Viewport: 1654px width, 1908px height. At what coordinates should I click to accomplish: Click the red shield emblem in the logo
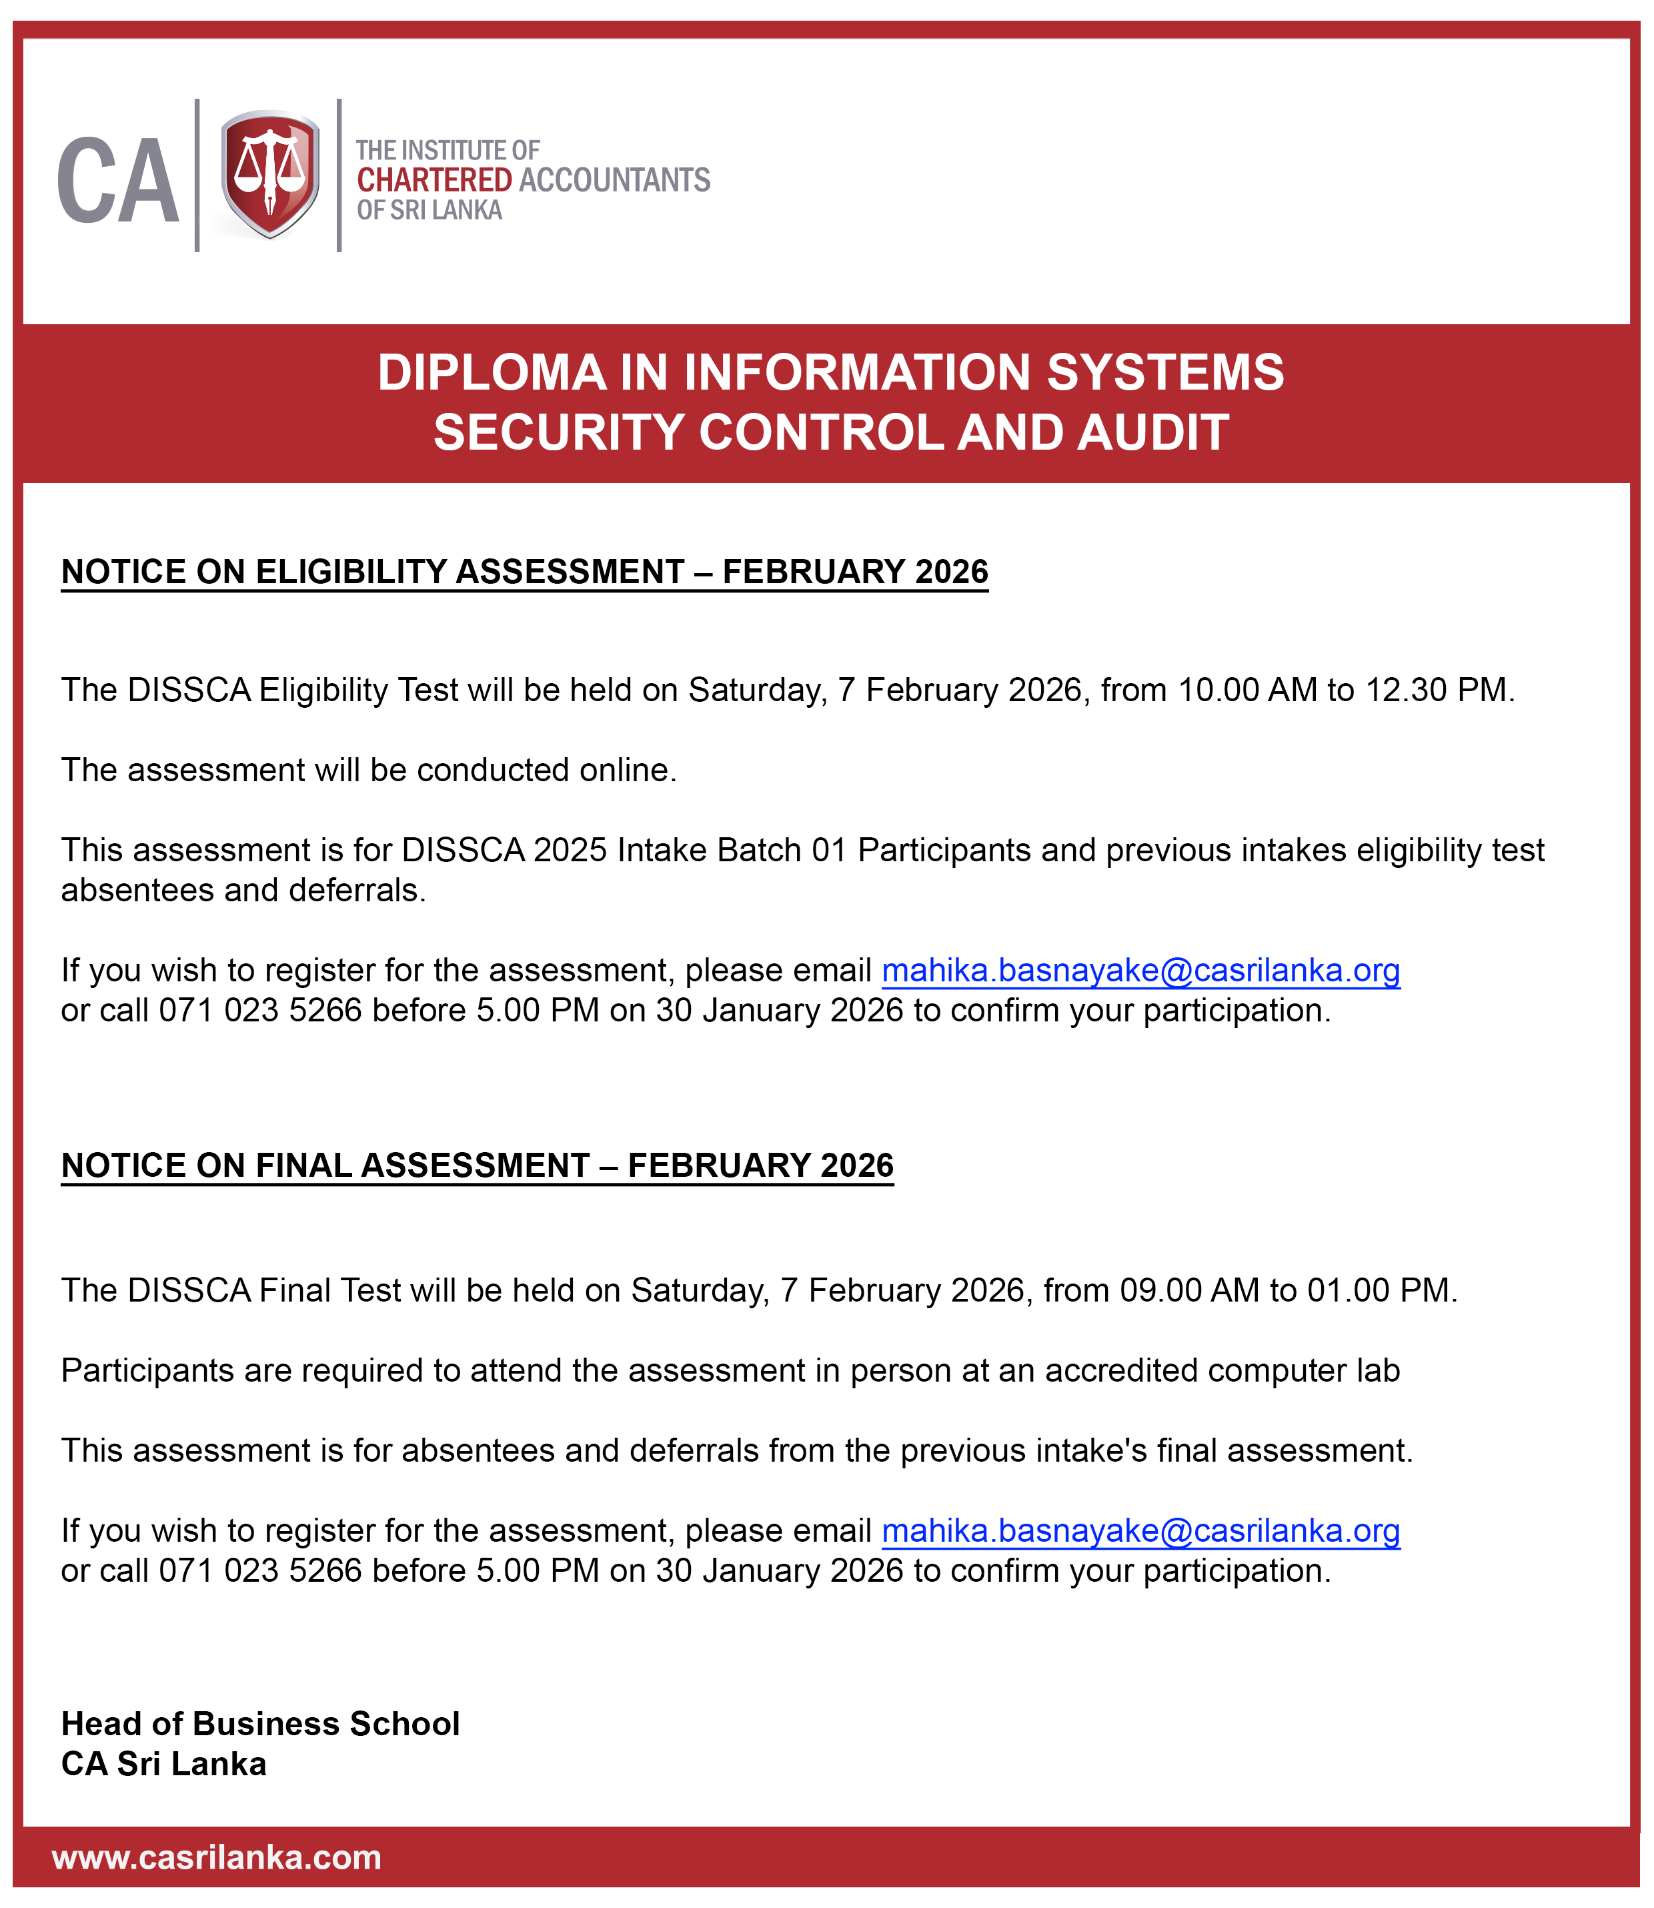tap(269, 173)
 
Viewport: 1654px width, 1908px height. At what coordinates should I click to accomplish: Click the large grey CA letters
tap(118, 181)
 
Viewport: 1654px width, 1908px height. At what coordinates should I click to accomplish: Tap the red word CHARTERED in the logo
tap(434, 180)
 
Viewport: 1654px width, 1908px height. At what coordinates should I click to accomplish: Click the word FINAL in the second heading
tap(303, 1166)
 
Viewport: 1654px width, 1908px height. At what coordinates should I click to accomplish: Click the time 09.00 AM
tap(1188, 1290)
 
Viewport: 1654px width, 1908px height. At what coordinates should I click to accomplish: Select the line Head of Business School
tap(260, 1725)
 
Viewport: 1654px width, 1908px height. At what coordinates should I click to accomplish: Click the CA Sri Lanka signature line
tap(163, 1764)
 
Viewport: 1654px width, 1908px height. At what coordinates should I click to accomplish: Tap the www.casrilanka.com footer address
tap(217, 1857)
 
